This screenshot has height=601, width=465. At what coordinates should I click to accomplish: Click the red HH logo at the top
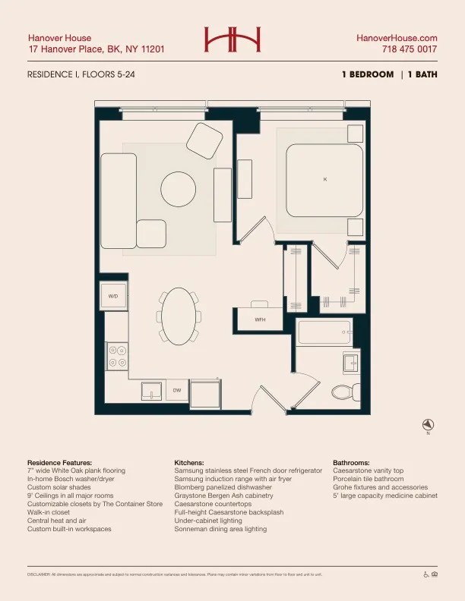[232, 39]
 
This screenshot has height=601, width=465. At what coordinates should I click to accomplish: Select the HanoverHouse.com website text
[397, 37]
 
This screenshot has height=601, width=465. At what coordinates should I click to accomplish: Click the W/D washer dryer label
[113, 295]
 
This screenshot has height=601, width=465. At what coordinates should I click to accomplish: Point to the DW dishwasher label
[176, 390]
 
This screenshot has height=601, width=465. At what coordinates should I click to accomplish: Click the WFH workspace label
[260, 320]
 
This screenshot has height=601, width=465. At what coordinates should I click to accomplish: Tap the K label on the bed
[325, 179]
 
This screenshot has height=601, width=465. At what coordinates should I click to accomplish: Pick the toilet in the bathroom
[344, 392]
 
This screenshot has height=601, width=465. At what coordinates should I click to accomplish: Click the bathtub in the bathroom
[324, 332]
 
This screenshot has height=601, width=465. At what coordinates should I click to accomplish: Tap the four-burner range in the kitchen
[117, 357]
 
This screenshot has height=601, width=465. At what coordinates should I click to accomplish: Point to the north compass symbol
[428, 424]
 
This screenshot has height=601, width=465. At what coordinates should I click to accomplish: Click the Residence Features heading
[59, 462]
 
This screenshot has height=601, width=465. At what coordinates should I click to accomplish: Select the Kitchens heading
[190, 462]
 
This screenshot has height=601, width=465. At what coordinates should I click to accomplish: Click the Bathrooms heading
[351, 462]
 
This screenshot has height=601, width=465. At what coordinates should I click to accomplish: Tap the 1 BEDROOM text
[368, 74]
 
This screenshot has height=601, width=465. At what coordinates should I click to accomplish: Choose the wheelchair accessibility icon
[425, 574]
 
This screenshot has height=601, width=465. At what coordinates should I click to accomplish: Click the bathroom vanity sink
[351, 362]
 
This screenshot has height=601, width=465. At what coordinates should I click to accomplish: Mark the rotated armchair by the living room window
[203, 140]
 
